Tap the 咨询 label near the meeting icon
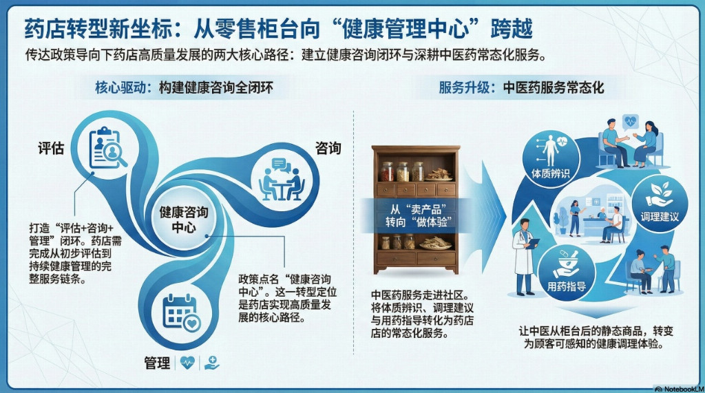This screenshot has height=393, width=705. click(328, 148)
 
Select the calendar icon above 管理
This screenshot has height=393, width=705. click(181, 312)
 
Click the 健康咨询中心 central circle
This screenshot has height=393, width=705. click(183, 219)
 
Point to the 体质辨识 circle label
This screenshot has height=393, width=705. click(550, 173)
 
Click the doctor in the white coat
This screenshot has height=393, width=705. click(524, 256)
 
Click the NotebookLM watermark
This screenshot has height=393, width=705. click(679, 389)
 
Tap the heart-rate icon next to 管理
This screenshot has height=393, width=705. click(187, 363)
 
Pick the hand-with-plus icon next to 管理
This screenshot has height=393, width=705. click(211, 363)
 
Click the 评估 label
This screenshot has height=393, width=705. click(51, 148)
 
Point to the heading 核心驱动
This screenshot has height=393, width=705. click(120, 87)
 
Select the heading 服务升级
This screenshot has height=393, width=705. click(464, 87)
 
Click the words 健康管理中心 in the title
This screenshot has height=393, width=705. click(405, 29)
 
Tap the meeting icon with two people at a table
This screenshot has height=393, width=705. click(282, 180)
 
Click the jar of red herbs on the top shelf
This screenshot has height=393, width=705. click(387, 171)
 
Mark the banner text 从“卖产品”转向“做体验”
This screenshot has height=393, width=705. click(418, 216)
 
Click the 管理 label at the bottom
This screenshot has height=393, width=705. click(158, 363)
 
